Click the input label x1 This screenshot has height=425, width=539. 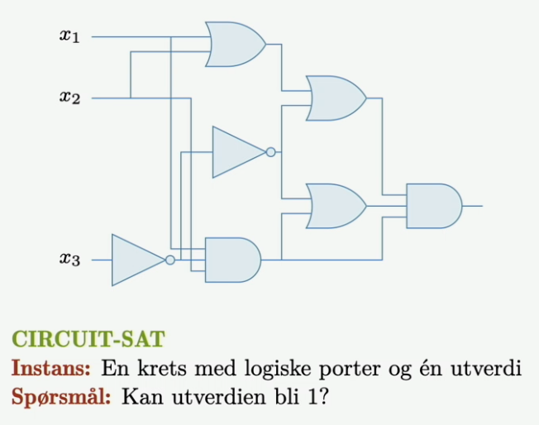[x=69, y=36]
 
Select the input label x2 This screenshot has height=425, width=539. [x=69, y=98]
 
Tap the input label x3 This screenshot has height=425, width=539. [x=69, y=260]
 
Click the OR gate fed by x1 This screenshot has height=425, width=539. [x=236, y=45]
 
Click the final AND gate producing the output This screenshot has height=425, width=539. [x=434, y=206]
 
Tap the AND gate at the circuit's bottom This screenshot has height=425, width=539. [x=233, y=260]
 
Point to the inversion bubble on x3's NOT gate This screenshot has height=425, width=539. [x=170, y=260]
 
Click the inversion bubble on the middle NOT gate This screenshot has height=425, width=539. [x=271, y=152]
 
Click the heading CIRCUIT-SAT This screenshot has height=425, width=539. [x=88, y=339]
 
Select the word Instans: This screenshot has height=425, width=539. [x=51, y=368]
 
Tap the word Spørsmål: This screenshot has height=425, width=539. [x=61, y=398]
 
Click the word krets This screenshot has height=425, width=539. [x=162, y=368]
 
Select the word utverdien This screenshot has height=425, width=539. [x=218, y=398]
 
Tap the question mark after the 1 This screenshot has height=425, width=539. [x=323, y=397]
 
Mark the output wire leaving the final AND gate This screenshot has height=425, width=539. [x=473, y=206]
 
